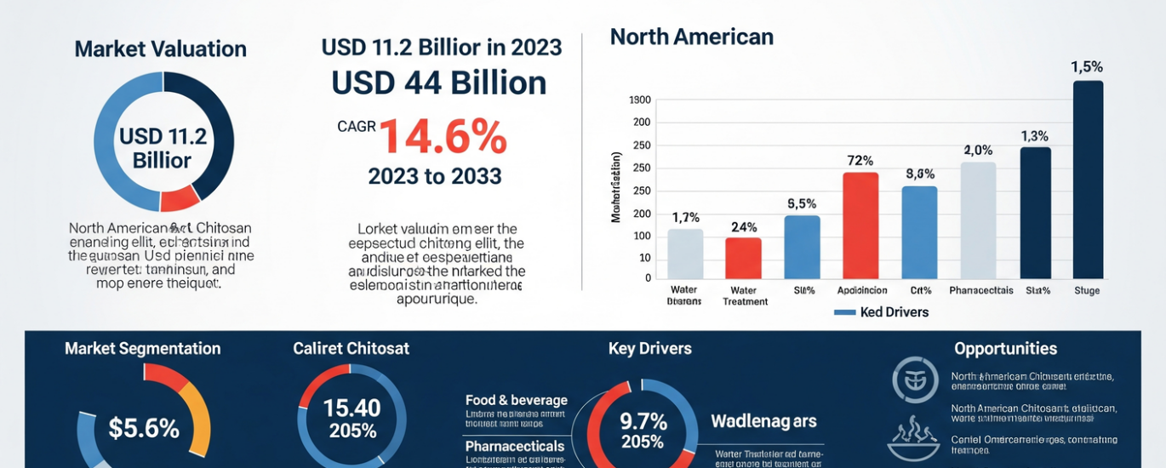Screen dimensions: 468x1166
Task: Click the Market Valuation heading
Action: pyautogui.click(x=160, y=49)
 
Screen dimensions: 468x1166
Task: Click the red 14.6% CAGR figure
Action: pyautogui.click(x=443, y=137)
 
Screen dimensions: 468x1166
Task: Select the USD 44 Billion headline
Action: pyautogui.click(x=438, y=83)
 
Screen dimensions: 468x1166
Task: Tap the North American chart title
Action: pyautogui.click(x=691, y=37)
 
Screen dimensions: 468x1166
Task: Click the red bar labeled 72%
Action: pyautogui.click(x=860, y=225)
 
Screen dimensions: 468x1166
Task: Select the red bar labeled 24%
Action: pyautogui.click(x=743, y=258)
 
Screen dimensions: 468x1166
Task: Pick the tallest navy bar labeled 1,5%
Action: pyautogui.click(x=1088, y=180)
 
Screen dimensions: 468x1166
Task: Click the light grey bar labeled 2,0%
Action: pyautogui.click(x=978, y=220)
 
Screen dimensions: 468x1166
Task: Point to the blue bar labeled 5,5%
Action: pyautogui.click(x=802, y=247)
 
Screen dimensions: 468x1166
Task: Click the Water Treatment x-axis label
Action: pyautogui.click(x=744, y=295)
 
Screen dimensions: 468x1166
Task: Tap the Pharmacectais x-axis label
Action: pyautogui.click(x=980, y=290)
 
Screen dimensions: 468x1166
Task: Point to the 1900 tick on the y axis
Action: pyautogui.click(x=639, y=100)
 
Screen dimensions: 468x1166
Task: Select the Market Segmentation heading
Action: pyautogui.click(x=142, y=349)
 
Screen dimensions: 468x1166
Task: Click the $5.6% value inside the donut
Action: pyautogui.click(x=144, y=428)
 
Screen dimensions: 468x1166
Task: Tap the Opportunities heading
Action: pyautogui.click(x=1005, y=349)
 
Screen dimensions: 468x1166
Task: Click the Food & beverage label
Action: pyautogui.click(x=516, y=400)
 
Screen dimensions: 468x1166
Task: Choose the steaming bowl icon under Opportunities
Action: pyautogui.click(x=913, y=440)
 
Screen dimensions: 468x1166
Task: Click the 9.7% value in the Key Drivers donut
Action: pyautogui.click(x=643, y=420)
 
